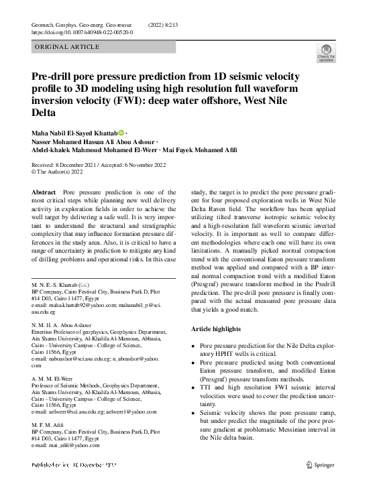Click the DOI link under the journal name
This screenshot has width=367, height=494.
pos(82,32)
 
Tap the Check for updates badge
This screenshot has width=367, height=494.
pos(325,54)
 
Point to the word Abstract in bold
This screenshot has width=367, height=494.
pos(44,192)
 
